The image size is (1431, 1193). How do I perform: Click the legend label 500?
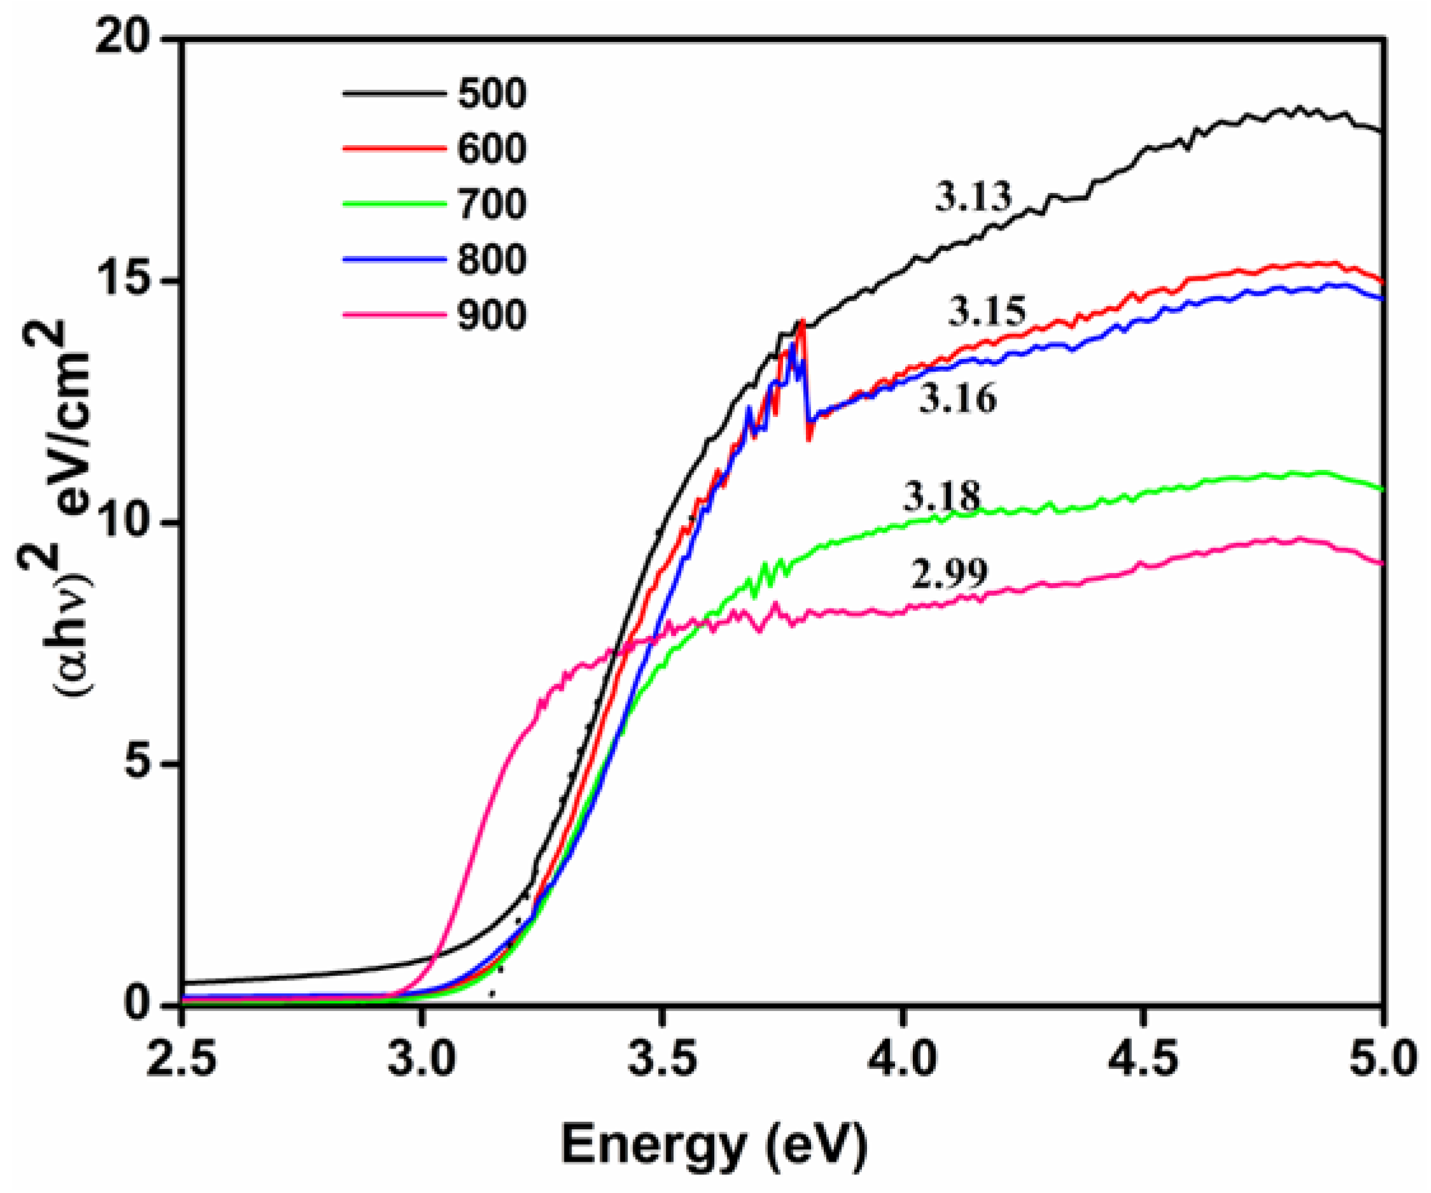pyautogui.click(x=491, y=94)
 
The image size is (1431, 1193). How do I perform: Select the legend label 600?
pyautogui.click(x=491, y=148)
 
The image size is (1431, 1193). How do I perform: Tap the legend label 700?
pyautogui.click(x=491, y=204)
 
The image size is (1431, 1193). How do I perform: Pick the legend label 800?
pyautogui.click(x=491, y=260)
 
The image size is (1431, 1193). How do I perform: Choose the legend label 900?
pyautogui.click(x=491, y=316)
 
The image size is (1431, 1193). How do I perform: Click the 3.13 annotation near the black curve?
pyautogui.click(x=973, y=197)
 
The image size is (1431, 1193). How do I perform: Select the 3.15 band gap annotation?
pyautogui.click(x=987, y=312)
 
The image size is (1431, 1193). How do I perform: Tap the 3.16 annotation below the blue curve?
pyautogui.click(x=957, y=399)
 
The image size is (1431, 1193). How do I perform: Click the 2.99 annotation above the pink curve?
pyautogui.click(x=949, y=573)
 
